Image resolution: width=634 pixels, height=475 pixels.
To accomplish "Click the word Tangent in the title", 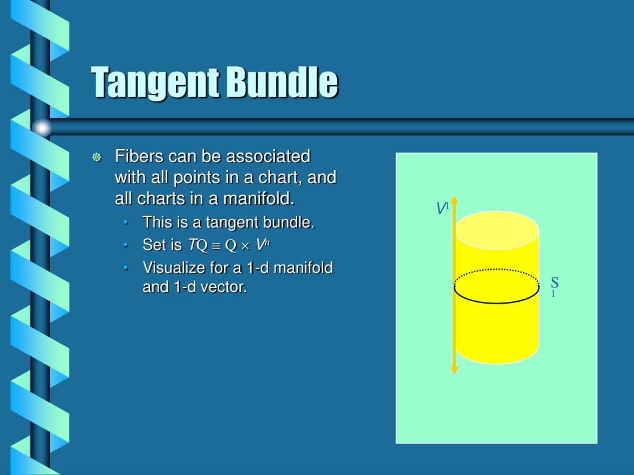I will coord(155,83).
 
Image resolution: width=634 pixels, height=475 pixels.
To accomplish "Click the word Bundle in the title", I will coord(282,83).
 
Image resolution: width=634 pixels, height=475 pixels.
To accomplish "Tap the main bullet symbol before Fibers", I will coord(97,157).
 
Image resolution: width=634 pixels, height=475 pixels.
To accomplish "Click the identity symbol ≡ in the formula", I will coord(216,246).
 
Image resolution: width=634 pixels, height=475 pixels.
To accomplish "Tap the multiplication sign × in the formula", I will coord(245,246).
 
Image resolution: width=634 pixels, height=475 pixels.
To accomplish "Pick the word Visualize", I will coord(171,268).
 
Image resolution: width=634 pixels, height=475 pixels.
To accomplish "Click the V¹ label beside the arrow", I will coord(442,208).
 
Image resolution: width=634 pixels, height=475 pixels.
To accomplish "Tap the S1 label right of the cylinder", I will coord(555,286).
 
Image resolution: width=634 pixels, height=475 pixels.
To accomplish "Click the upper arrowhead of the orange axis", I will coord(454,200).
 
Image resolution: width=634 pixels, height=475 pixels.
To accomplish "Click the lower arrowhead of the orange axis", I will coord(454,370).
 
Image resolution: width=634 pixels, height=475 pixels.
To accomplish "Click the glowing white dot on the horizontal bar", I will coord(42,127).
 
